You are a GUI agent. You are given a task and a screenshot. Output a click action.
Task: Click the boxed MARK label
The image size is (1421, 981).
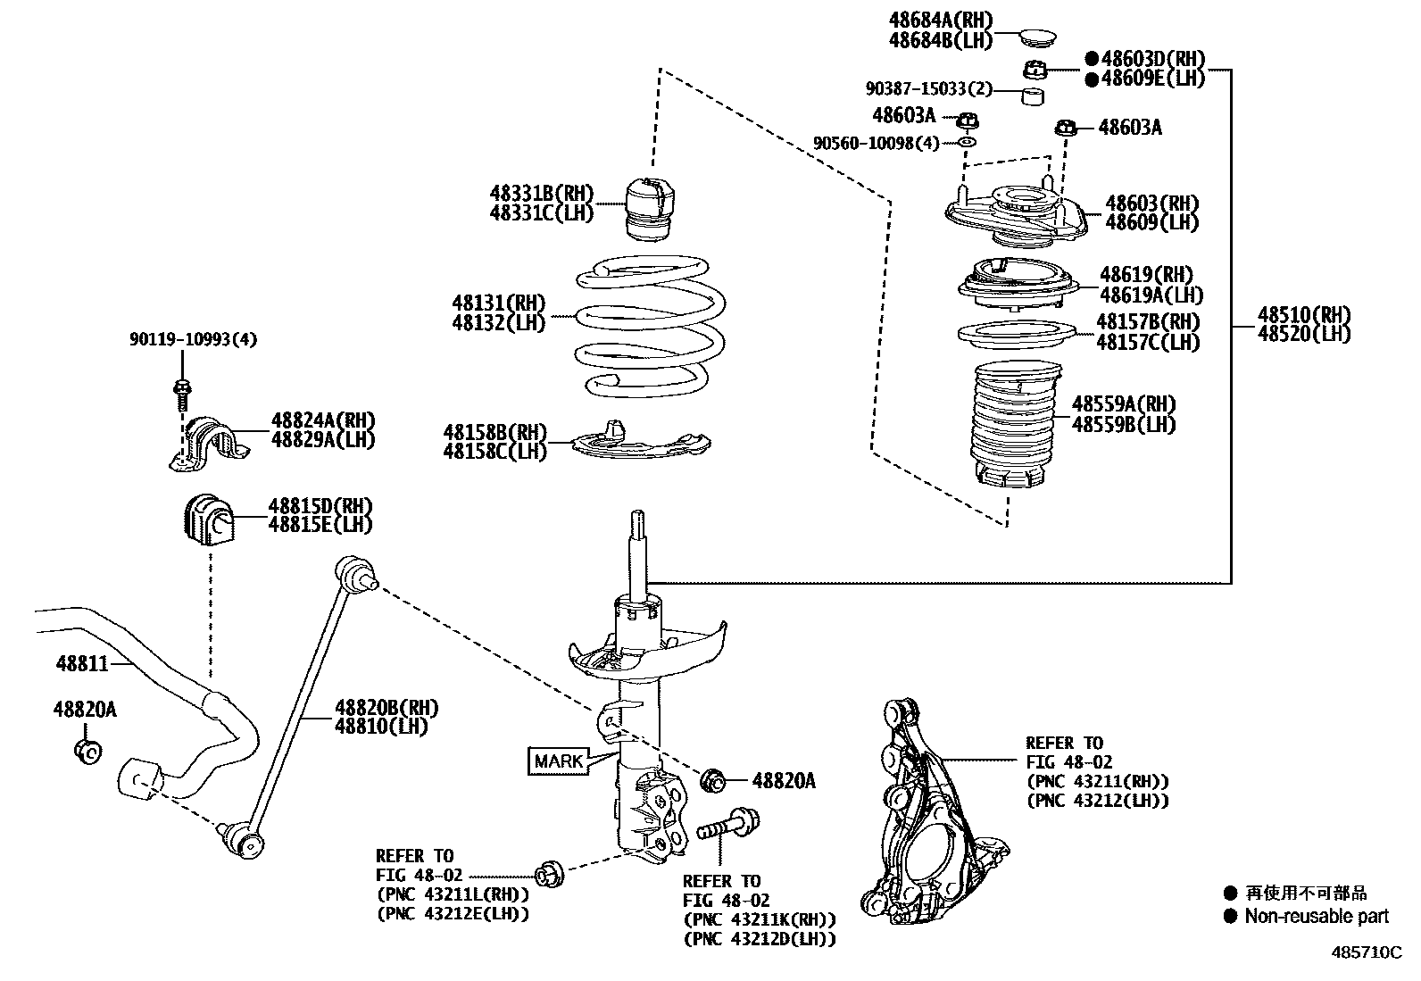tap(558, 761)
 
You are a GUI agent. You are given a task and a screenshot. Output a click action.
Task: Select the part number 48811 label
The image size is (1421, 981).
tap(81, 663)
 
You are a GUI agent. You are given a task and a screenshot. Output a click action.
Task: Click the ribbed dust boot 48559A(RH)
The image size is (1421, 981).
tap(1013, 427)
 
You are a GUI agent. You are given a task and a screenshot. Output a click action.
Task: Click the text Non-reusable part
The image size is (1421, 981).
tap(1317, 916)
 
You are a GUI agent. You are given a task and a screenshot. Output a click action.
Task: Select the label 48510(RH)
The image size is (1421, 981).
tap(1304, 314)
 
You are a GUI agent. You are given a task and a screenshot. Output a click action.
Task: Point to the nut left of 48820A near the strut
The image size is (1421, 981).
tap(715, 780)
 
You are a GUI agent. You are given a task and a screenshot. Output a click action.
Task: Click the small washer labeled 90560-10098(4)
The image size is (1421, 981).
tap(968, 142)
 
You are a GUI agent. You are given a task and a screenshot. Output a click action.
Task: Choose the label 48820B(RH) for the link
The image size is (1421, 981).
tap(386, 708)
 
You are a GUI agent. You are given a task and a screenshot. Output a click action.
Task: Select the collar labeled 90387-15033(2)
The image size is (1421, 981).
tap(1034, 95)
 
